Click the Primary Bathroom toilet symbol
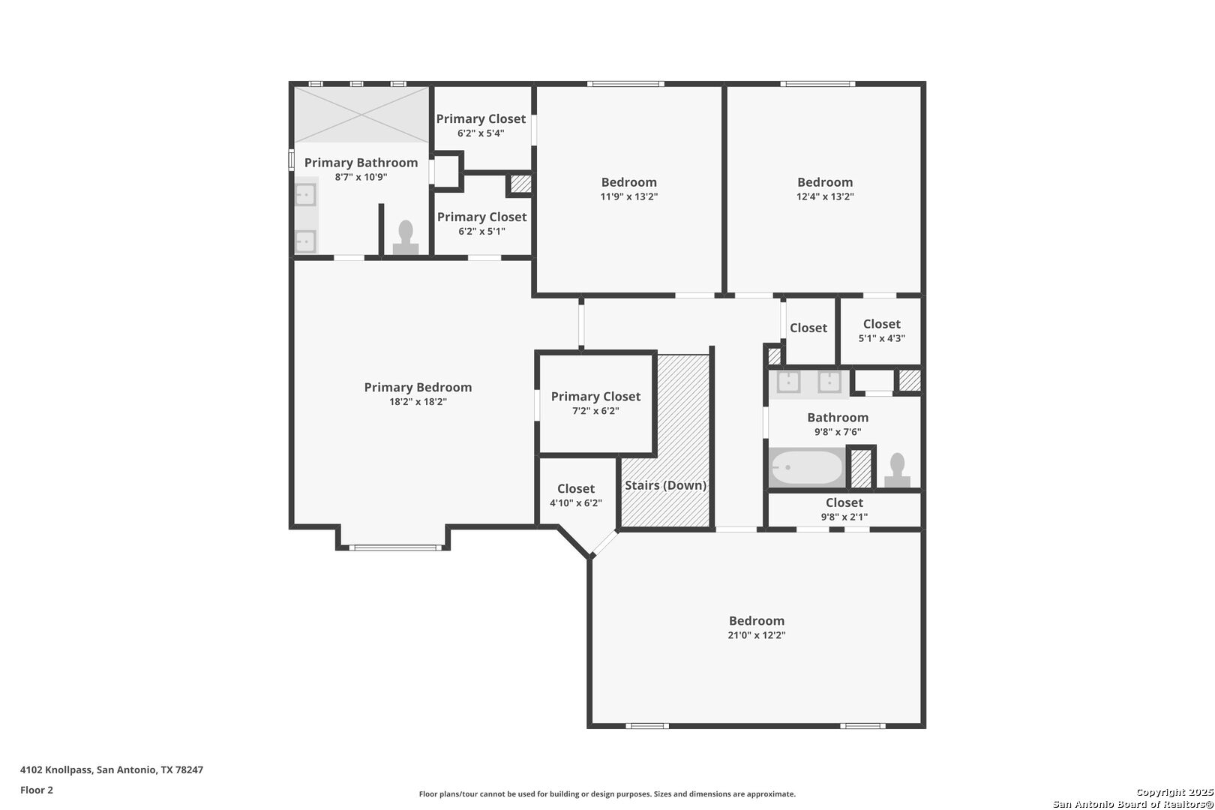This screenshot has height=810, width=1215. click(x=406, y=238)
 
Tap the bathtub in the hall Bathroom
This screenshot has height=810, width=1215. click(x=806, y=467)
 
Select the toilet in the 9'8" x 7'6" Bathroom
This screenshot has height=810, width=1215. click(x=897, y=469)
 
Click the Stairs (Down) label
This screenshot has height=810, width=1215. click(x=665, y=485)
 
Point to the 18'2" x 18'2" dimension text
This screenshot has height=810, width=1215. click(x=418, y=402)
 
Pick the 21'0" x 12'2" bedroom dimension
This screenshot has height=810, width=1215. click(x=756, y=635)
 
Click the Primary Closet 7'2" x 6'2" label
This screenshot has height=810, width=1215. click(x=595, y=397)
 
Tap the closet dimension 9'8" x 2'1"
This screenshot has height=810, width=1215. click(x=844, y=517)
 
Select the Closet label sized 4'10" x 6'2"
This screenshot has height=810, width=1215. click(x=576, y=489)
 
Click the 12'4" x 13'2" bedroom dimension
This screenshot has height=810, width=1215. click(x=825, y=196)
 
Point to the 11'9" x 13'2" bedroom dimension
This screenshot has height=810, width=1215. click(x=628, y=196)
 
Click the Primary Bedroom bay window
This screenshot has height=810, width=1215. click(x=394, y=547)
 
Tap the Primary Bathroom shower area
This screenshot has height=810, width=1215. click(x=361, y=115)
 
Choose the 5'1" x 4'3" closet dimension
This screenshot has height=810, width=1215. click(x=881, y=338)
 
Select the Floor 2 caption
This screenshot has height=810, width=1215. click(x=37, y=790)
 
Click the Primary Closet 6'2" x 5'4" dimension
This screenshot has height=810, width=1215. click(x=481, y=133)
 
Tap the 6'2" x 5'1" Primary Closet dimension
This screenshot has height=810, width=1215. click(x=481, y=232)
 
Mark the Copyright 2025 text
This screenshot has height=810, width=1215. click(x=1174, y=792)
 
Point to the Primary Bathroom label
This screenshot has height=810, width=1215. click(x=361, y=163)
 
